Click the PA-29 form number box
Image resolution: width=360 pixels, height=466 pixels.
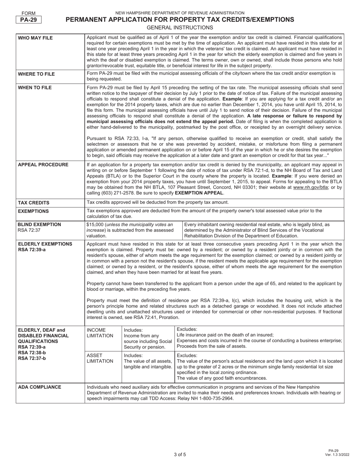click(x=29, y=20)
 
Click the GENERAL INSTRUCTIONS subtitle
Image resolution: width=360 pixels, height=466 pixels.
click(x=180, y=28)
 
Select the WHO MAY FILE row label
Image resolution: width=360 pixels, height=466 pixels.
click(x=35, y=38)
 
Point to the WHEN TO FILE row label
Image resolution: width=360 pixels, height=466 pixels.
click(x=35, y=88)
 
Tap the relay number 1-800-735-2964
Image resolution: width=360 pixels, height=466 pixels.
click(x=215, y=399)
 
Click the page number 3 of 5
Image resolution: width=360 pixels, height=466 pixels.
click(x=180, y=455)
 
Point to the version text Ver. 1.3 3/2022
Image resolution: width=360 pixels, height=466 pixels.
click(x=333, y=455)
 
